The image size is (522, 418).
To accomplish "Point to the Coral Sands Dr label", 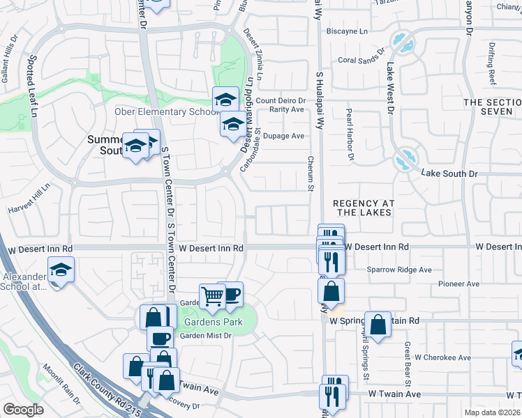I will point(361,55).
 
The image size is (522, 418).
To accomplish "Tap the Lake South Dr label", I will point(449,172).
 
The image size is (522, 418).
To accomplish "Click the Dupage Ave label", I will point(287,136).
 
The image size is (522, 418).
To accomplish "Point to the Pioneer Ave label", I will point(458,284).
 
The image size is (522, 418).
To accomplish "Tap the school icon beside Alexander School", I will point(61,270).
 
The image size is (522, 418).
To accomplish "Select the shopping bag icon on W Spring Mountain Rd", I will point(378,325).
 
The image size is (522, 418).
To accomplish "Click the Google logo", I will point(23,410).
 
